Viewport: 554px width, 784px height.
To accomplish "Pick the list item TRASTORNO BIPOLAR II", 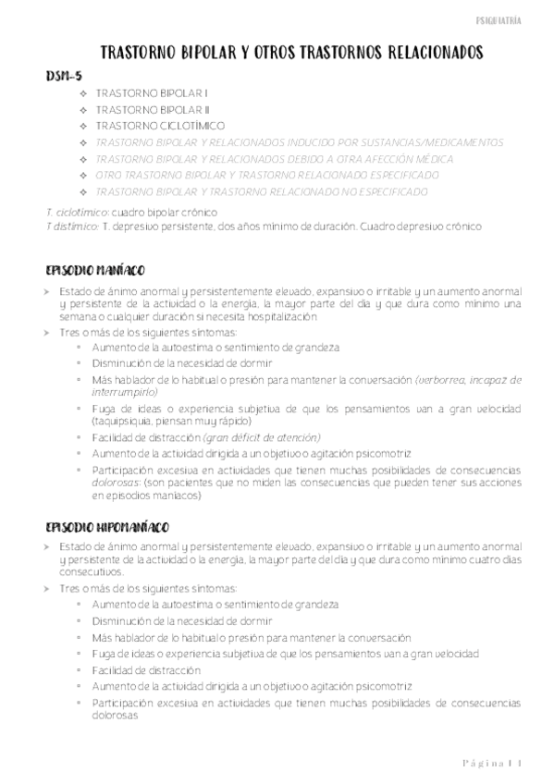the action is coord(153,110).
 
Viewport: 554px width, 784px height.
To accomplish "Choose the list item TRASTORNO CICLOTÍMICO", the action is coord(160,126).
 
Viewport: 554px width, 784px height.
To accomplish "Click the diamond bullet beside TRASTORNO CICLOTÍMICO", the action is coord(84,126).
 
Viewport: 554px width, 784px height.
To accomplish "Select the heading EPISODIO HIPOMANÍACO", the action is coord(106,527).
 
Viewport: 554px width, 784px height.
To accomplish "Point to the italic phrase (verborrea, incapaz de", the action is coord(442,379).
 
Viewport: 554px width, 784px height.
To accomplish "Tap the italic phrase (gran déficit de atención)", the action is coord(261,436).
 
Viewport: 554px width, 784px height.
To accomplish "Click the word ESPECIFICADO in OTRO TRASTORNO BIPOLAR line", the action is coord(399,175).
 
